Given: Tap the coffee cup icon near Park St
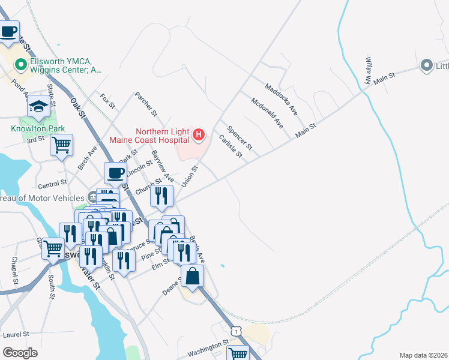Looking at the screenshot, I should [x=115, y=173].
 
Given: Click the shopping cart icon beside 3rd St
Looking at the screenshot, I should [x=61, y=145].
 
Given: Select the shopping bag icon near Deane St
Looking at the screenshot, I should [x=192, y=277].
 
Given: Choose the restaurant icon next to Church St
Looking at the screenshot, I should [x=161, y=196].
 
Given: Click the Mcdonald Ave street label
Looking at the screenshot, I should [x=267, y=113].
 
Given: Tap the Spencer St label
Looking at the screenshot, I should [x=240, y=138].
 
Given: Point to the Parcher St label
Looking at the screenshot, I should [x=146, y=104].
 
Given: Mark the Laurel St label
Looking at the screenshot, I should [x=16, y=334].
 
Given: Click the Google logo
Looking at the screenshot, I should [x=20, y=353].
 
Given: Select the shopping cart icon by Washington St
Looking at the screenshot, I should [x=238, y=353].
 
